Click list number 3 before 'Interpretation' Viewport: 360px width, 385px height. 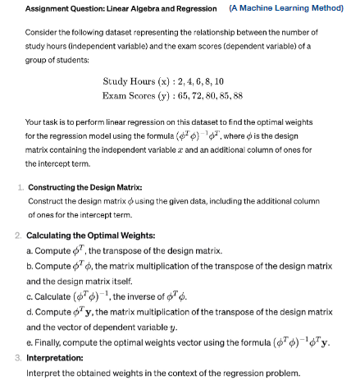(19, 358)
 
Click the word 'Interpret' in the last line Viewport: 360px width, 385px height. (45, 373)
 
